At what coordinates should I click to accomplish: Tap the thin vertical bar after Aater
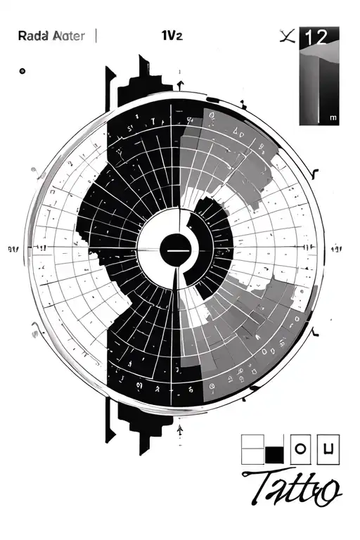pyautogui.click(x=95, y=35)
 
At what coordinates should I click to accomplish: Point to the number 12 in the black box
pyautogui.click(x=318, y=38)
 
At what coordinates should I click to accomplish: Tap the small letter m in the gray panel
pyautogui.click(x=332, y=119)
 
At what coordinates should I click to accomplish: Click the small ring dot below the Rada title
pyautogui.click(x=22, y=71)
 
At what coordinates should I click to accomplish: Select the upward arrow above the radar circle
pyautogui.click(x=181, y=85)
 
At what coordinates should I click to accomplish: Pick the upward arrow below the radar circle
pyautogui.click(x=181, y=428)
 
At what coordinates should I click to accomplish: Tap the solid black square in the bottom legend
pyautogui.click(x=274, y=455)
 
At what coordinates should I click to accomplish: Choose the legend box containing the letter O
pyautogui.click(x=300, y=449)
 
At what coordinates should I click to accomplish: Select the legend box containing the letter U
pyautogui.click(x=329, y=449)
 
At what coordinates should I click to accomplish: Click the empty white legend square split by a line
pyautogui.click(x=252, y=449)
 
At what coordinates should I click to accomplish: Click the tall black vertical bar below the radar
pyautogui.click(x=108, y=420)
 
